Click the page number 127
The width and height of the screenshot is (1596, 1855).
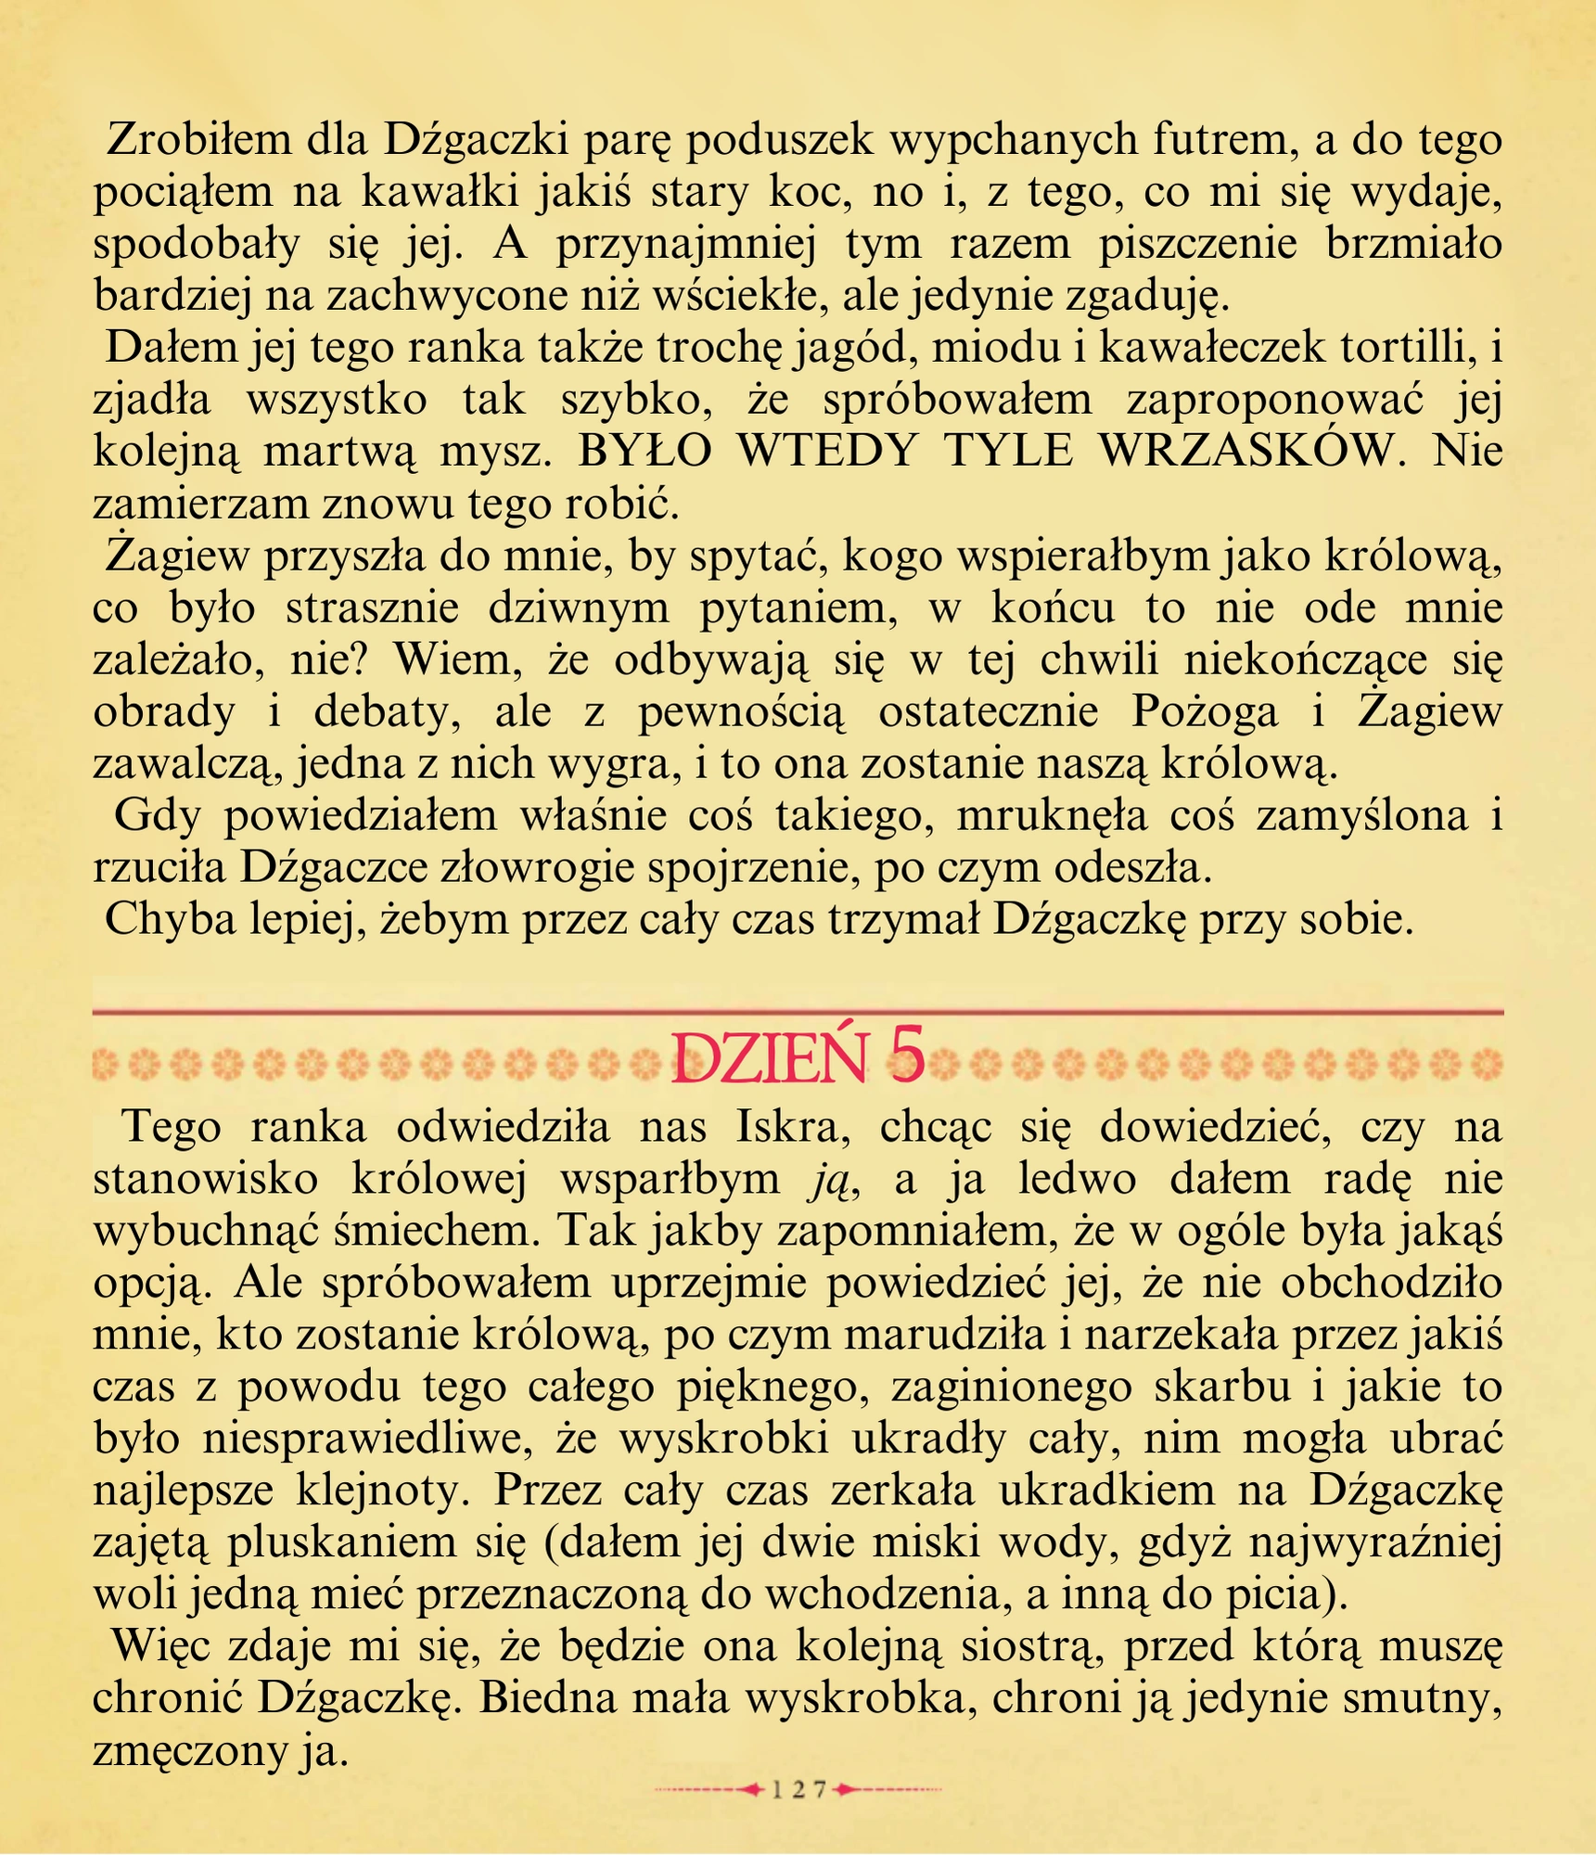click(798, 1789)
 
